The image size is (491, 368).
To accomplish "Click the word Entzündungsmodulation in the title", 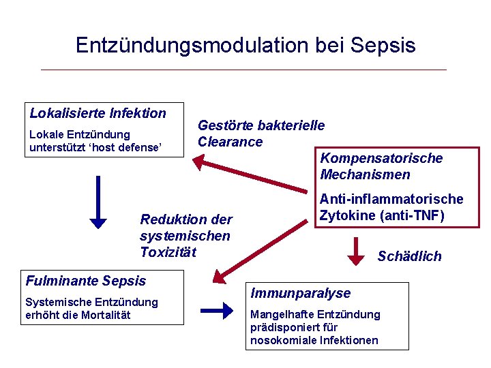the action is coord(192,45).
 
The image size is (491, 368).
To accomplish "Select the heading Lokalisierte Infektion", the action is coord(98,113).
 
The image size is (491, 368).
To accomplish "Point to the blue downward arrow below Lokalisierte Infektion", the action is coord(99,201).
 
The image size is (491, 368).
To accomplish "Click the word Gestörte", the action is coord(223,125).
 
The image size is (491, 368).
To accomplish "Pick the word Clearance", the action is coord(230,142).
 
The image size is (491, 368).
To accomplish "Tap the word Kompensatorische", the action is coord(381,158).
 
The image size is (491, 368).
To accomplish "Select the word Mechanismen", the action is coord(365,174).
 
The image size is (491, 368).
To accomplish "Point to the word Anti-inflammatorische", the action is coord(391,199).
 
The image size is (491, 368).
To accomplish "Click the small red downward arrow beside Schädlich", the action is coord(356,251).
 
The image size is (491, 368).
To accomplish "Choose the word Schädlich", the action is coord(409,256).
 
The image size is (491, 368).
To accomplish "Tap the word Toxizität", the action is coord(168,252).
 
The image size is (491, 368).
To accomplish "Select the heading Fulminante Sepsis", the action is coord(86,280).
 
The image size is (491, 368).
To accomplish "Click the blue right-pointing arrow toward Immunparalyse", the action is coord(218,311).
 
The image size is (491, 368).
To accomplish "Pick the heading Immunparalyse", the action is coord(300,293).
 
